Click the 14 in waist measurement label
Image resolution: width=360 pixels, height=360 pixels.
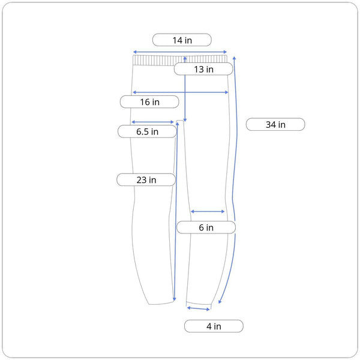point(182,40)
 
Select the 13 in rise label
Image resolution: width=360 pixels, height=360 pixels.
point(203,69)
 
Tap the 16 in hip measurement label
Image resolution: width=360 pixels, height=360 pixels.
point(149,102)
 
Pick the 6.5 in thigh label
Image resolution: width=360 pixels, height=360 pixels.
point(147,131)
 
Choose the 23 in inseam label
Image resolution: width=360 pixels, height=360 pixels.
point(146,179)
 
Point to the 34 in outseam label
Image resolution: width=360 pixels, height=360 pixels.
point(275,124)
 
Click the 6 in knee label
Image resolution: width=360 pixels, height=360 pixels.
point(206,227)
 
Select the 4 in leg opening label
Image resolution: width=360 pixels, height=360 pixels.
point(214,326)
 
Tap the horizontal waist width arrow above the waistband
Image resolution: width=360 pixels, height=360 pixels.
point(180,52)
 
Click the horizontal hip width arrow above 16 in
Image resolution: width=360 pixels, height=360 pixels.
point(181,92)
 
